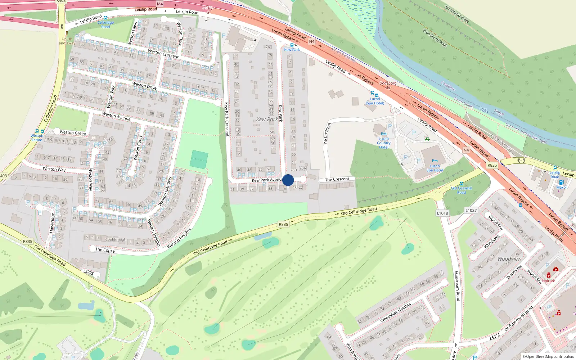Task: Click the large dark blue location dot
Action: pos(288,180)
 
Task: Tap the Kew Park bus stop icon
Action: pos(292,45)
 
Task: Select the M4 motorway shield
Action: pos(160,4)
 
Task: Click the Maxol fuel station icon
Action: pos(561,182)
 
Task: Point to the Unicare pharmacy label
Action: pos(548,281)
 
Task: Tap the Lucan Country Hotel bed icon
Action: pos(383,134)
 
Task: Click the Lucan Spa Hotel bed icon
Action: pos(435,161)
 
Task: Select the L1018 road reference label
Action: pos(442,213)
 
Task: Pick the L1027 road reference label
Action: pos(471,210)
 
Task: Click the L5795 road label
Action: pos(89,272)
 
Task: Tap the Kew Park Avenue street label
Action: pos(267,180)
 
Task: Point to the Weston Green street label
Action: pos(73,133)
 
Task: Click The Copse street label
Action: pos(105,250)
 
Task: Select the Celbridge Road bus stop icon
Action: pos(105,18)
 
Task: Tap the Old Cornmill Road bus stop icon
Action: pos(462,184)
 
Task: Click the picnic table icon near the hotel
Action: pos(427,139)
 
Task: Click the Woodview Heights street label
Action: pos(395,312)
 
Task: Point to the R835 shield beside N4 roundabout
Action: pos(492,165)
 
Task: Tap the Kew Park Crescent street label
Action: pos(226,119)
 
